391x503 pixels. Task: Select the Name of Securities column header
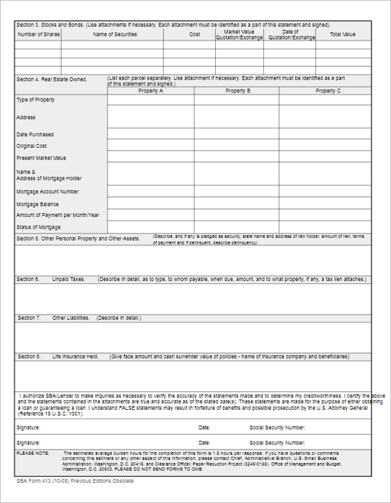[x=115, y=35]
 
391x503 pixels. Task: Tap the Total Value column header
[x=343, y=35]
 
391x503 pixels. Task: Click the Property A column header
[x=151, y=91]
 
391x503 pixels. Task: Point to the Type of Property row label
[x=35, y=100]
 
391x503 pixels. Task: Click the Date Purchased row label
[x=35, y=135]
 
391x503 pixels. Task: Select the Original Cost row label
[x=32, y=146]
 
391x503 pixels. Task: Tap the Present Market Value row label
[x=41, y=158]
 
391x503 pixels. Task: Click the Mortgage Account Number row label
[x=48, y=192]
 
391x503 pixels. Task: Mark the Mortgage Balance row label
[x=37, y=205]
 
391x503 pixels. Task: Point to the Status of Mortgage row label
[x=38, y=227]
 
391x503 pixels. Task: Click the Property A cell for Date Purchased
[x=151, y=134]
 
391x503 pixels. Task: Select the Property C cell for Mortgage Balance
[x=325, y=204]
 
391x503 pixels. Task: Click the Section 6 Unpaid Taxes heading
[x=51, y=280]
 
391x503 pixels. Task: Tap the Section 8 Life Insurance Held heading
[x=58, y=357]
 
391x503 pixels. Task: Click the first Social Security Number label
[x=278, y=428]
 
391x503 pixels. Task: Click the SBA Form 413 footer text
[x=75, y=481]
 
